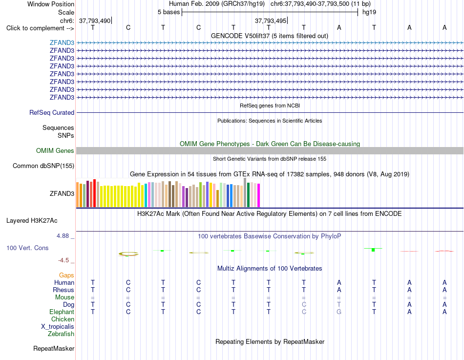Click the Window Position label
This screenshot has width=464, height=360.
click(x=51, y=4)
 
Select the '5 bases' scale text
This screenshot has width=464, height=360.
click(x=169, y=12)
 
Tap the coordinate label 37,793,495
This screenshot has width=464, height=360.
click(x=271, y=21)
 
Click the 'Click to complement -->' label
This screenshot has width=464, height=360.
click(x=40, y=28)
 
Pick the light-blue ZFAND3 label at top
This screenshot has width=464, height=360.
click(x=62, y=42)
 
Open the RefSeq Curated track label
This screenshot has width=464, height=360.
click(x=52, y=112)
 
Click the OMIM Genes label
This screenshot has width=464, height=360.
click(x=55, y=150)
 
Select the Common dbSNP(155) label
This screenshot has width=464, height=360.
click(x=43, y=166)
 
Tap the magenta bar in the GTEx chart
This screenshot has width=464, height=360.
click(x=259, y=195)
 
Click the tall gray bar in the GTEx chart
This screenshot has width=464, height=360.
click(x=245, y=192)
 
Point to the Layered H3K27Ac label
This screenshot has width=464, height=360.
click(x=32, y=221)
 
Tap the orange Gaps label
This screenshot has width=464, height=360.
click(x=66, y=275)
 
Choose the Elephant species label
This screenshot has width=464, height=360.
click(x=62, y=312)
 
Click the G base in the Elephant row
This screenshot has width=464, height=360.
click(x=339, y=312)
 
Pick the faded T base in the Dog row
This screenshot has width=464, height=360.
click(x=339, y=304)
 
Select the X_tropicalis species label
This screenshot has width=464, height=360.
click(x=58, y=327)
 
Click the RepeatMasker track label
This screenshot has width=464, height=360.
click(x=54, y=348)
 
